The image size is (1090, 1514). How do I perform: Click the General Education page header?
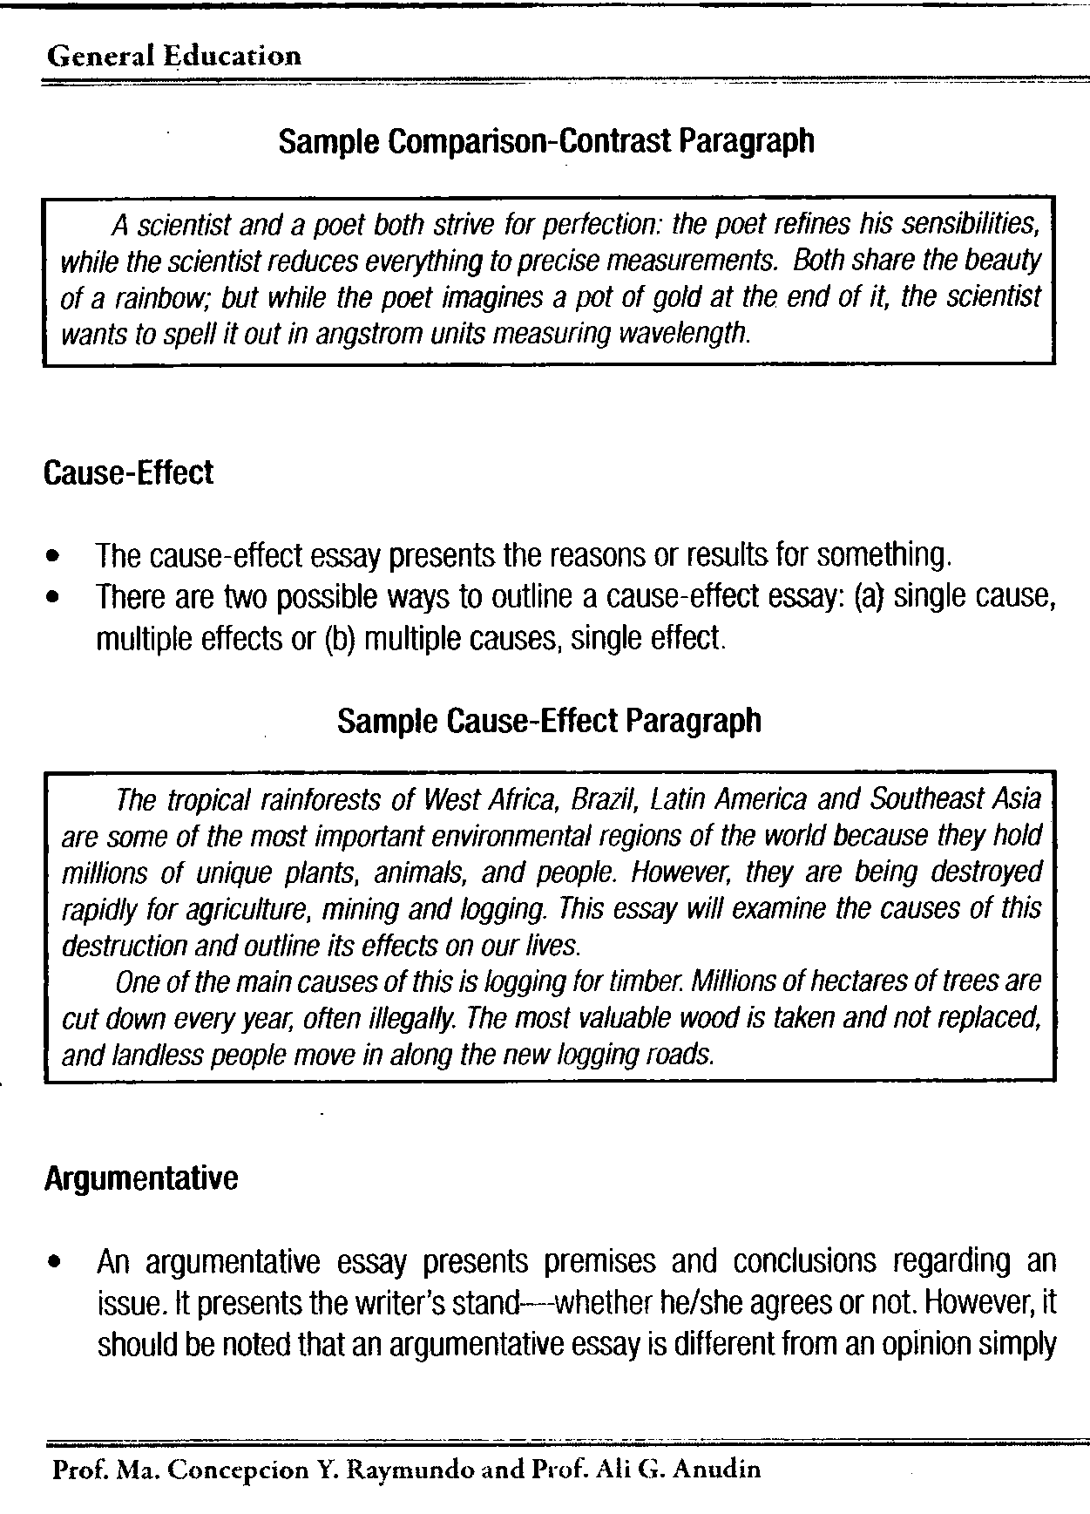point(174,57)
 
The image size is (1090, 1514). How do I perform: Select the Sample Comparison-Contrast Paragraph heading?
point(546,140)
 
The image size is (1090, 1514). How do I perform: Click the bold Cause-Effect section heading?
point(128,473)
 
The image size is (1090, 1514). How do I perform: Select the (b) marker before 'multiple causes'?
point(336,640)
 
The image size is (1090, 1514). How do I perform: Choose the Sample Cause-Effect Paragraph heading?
point(549,721)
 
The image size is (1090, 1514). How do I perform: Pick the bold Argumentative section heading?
point(140,1179)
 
